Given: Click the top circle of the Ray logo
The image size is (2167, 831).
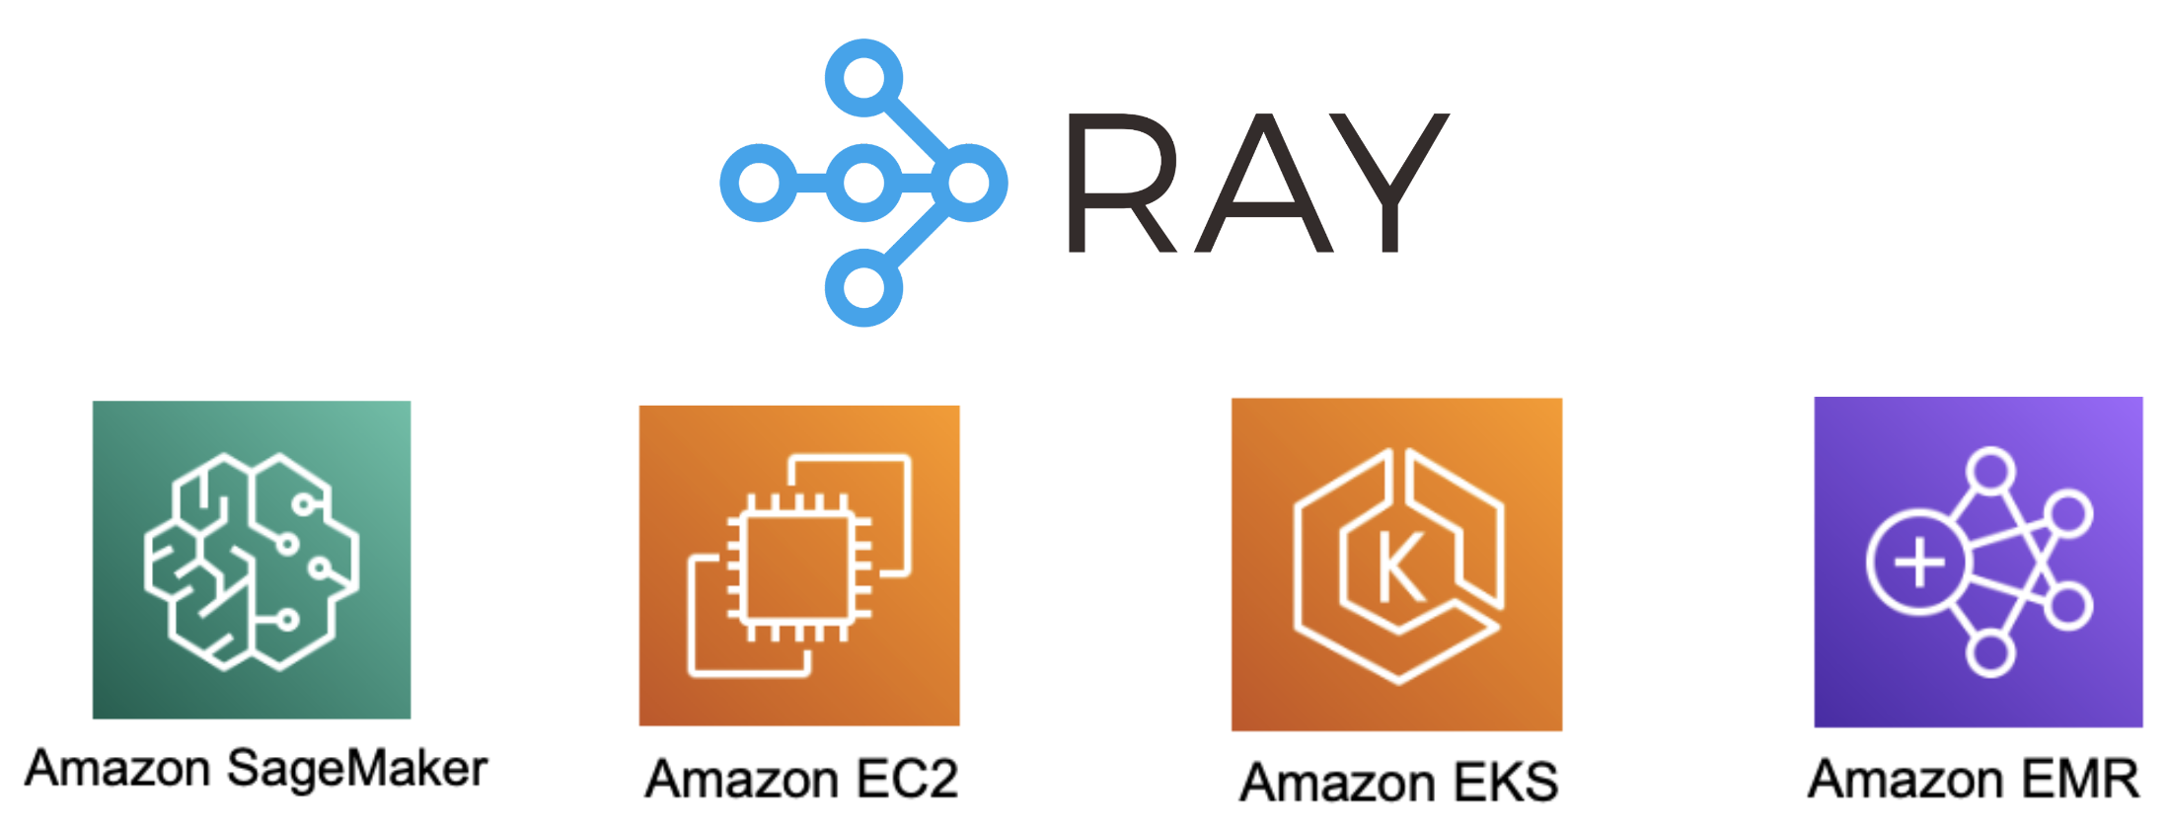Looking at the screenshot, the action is [864, 77].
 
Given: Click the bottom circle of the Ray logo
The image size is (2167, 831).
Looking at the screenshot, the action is [864, 287].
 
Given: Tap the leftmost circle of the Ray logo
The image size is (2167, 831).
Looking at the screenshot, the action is [758, 183].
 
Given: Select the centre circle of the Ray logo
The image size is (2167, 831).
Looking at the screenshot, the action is [864, 183].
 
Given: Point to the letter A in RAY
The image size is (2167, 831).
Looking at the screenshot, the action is [1264, 184].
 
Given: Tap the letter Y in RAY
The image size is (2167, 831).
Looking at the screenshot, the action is [1391, 184].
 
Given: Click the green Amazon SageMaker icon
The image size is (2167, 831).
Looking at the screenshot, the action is [252, 560].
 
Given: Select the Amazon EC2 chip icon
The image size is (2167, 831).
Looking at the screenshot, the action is [799, 566].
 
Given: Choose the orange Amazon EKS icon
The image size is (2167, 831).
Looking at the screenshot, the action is [1396, 565].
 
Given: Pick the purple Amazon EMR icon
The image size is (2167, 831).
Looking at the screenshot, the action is [1978, 562].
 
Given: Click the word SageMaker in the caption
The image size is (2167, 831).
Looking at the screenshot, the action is [357, 769].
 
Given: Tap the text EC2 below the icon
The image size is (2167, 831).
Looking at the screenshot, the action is [907, 779].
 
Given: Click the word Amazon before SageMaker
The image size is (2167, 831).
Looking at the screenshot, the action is [117, 769].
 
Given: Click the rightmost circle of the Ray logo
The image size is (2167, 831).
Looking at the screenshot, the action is [971, 183].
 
